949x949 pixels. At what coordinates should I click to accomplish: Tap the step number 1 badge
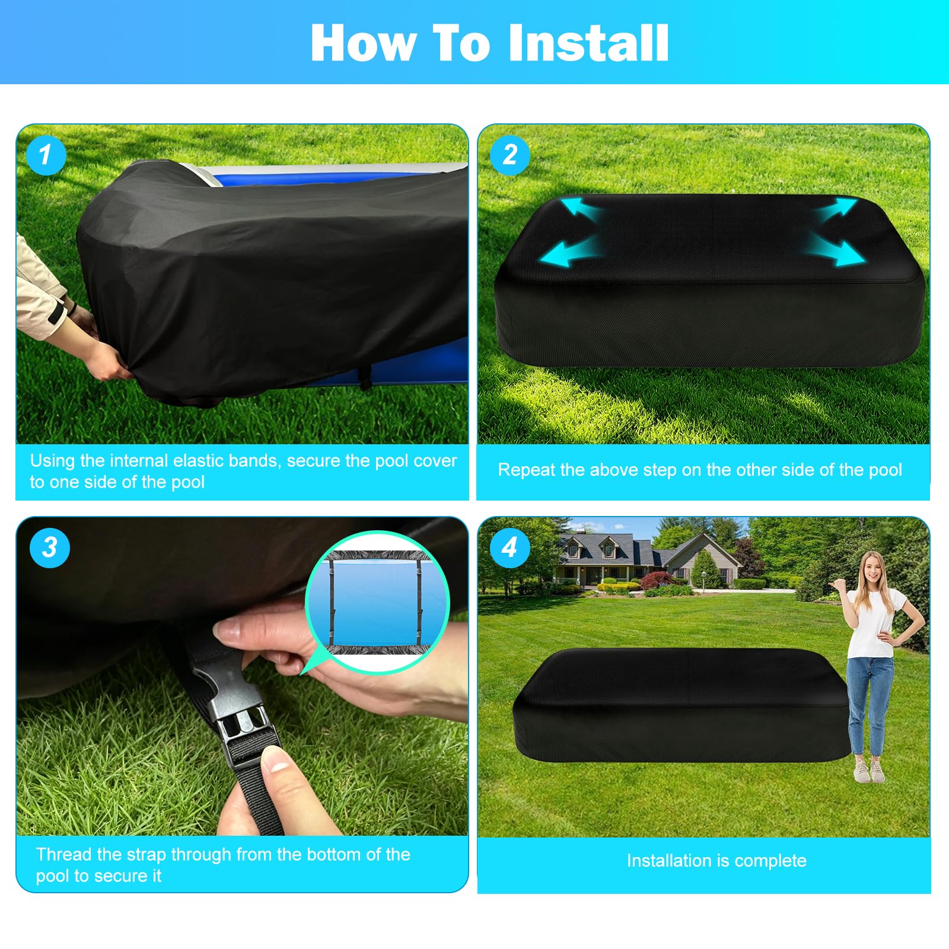(x=46, y=155)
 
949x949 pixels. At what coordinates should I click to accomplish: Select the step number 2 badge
(x=510, y=155)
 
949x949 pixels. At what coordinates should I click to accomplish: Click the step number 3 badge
(x=50, y=547)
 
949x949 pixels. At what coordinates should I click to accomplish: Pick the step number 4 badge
(x=510, y=547)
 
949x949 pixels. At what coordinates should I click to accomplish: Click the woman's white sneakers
(x=869, y=769)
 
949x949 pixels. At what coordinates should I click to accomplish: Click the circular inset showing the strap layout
(x=378, y=602)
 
